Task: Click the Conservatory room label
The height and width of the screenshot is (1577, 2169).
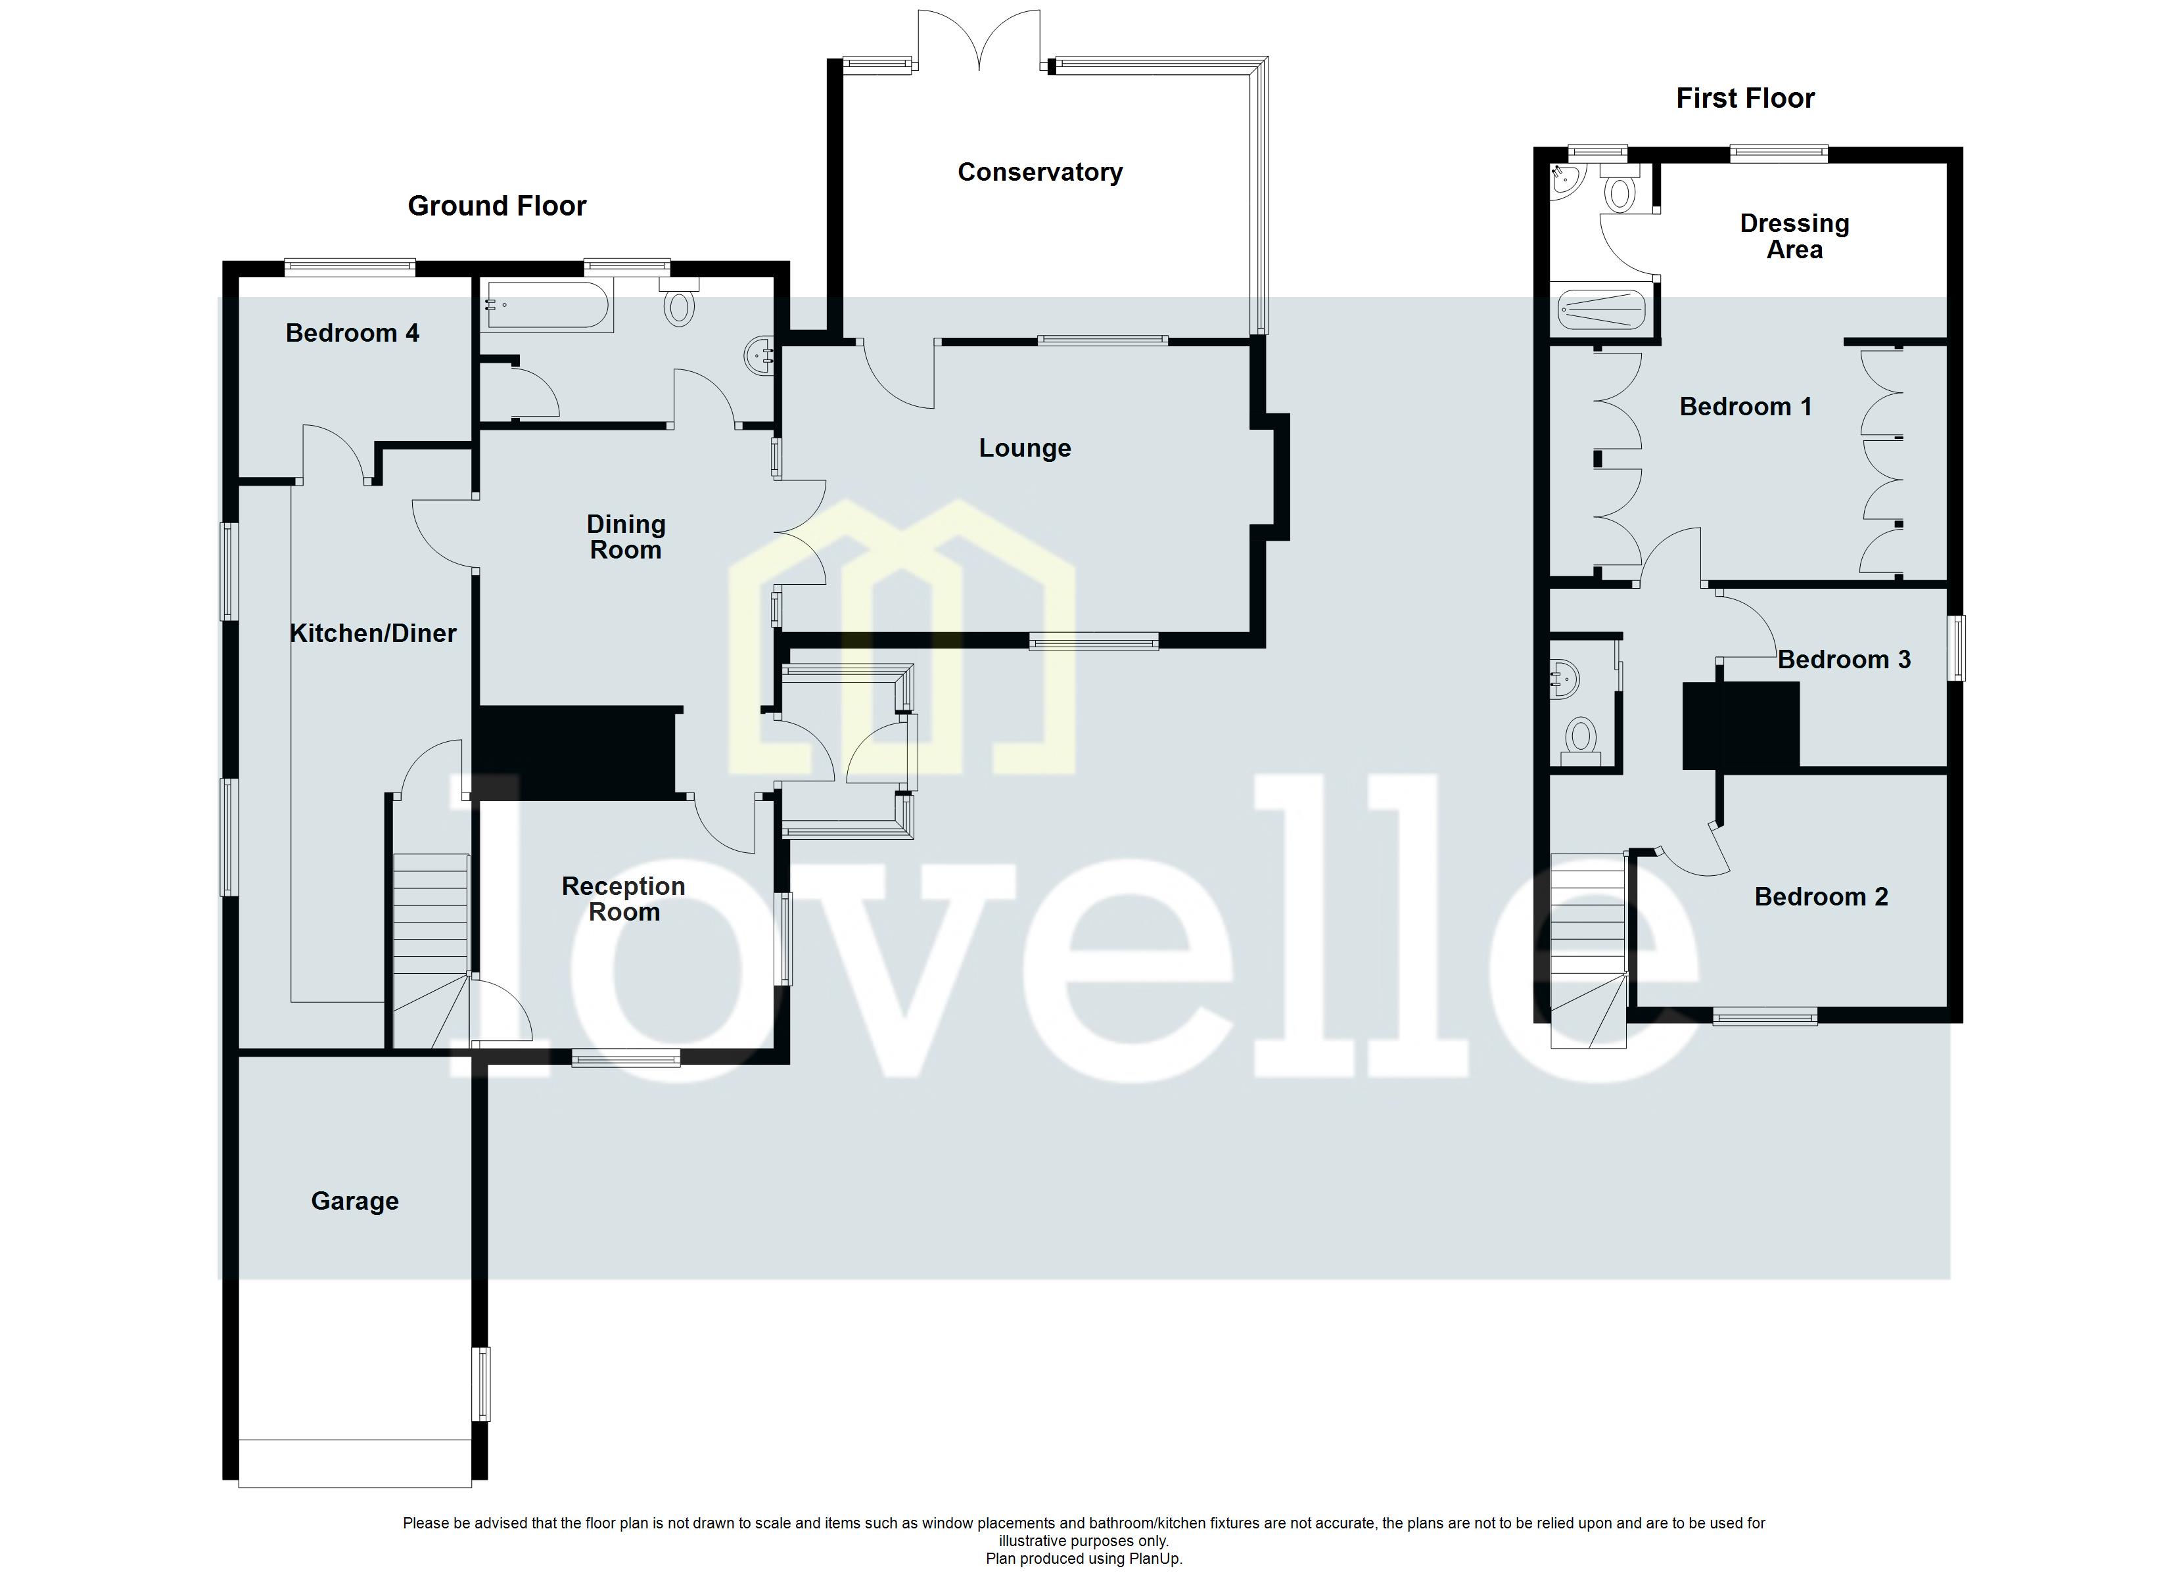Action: pos(1040,172)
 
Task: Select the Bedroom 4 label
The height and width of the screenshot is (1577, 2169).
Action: pos(352,332)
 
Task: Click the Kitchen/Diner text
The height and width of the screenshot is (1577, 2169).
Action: pos(372,633)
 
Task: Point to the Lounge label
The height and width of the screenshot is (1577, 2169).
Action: pos(1024,449)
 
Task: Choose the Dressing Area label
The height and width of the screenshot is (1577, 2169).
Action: pos(1794,236)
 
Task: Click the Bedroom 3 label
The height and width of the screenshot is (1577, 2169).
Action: pos(1844,660)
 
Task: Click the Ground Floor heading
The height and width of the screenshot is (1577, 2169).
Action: pos(496,206)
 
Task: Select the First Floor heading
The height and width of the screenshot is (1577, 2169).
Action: pos(1744,99)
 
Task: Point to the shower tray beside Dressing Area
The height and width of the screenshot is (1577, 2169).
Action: pos(1601,309)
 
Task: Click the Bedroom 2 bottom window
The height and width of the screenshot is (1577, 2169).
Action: pos(1765,1018)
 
